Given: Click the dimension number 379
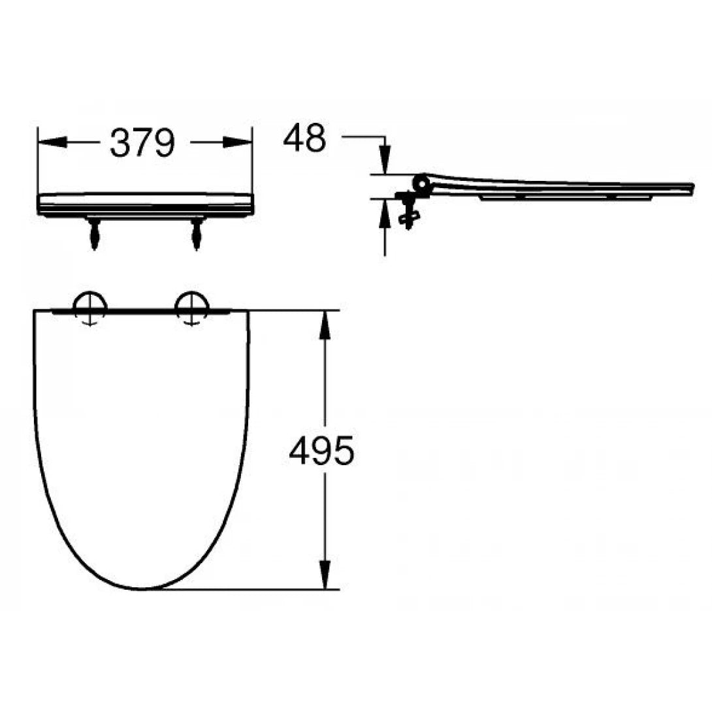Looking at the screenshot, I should coord(142,142).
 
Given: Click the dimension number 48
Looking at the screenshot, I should coord(304,138).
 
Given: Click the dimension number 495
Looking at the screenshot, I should coord(321,451).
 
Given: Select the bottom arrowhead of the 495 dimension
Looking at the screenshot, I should coord(323,575).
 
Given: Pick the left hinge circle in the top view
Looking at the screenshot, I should coord(89,306).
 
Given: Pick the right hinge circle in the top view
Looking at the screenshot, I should coord(191,306).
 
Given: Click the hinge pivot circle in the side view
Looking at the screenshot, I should coord(421,184).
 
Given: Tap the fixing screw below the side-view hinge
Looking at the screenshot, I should coord(408,216).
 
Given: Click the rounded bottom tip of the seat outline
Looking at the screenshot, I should coord(142,588).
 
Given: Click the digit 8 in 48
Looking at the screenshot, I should coord(315,138).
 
